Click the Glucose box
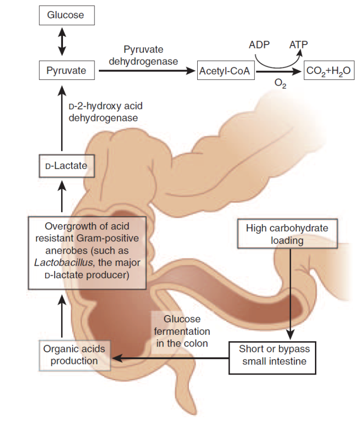pyautogui.click(x=65, y=15)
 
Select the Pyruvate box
pyautogui.click(x=66, y=71)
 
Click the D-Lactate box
pyautogui.click(x=66, y=166)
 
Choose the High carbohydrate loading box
pyautogui.click(x=287, y=234)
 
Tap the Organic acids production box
pyautogui.click(x=74, y=355)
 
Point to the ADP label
pyautogui.click(x=260, y=45)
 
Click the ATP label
pyautogui.click(x=298, y=45)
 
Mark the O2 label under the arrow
pyautogui.click(x=280, y=83)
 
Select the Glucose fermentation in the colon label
pyautogui.click(x=182, y=331)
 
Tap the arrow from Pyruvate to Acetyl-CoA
pyautogui.click(x=145, y=71)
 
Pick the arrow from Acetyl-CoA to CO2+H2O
pyautogui.click(x=279, y=72)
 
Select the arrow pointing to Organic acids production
pyautogui.click(x=170, y=359)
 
